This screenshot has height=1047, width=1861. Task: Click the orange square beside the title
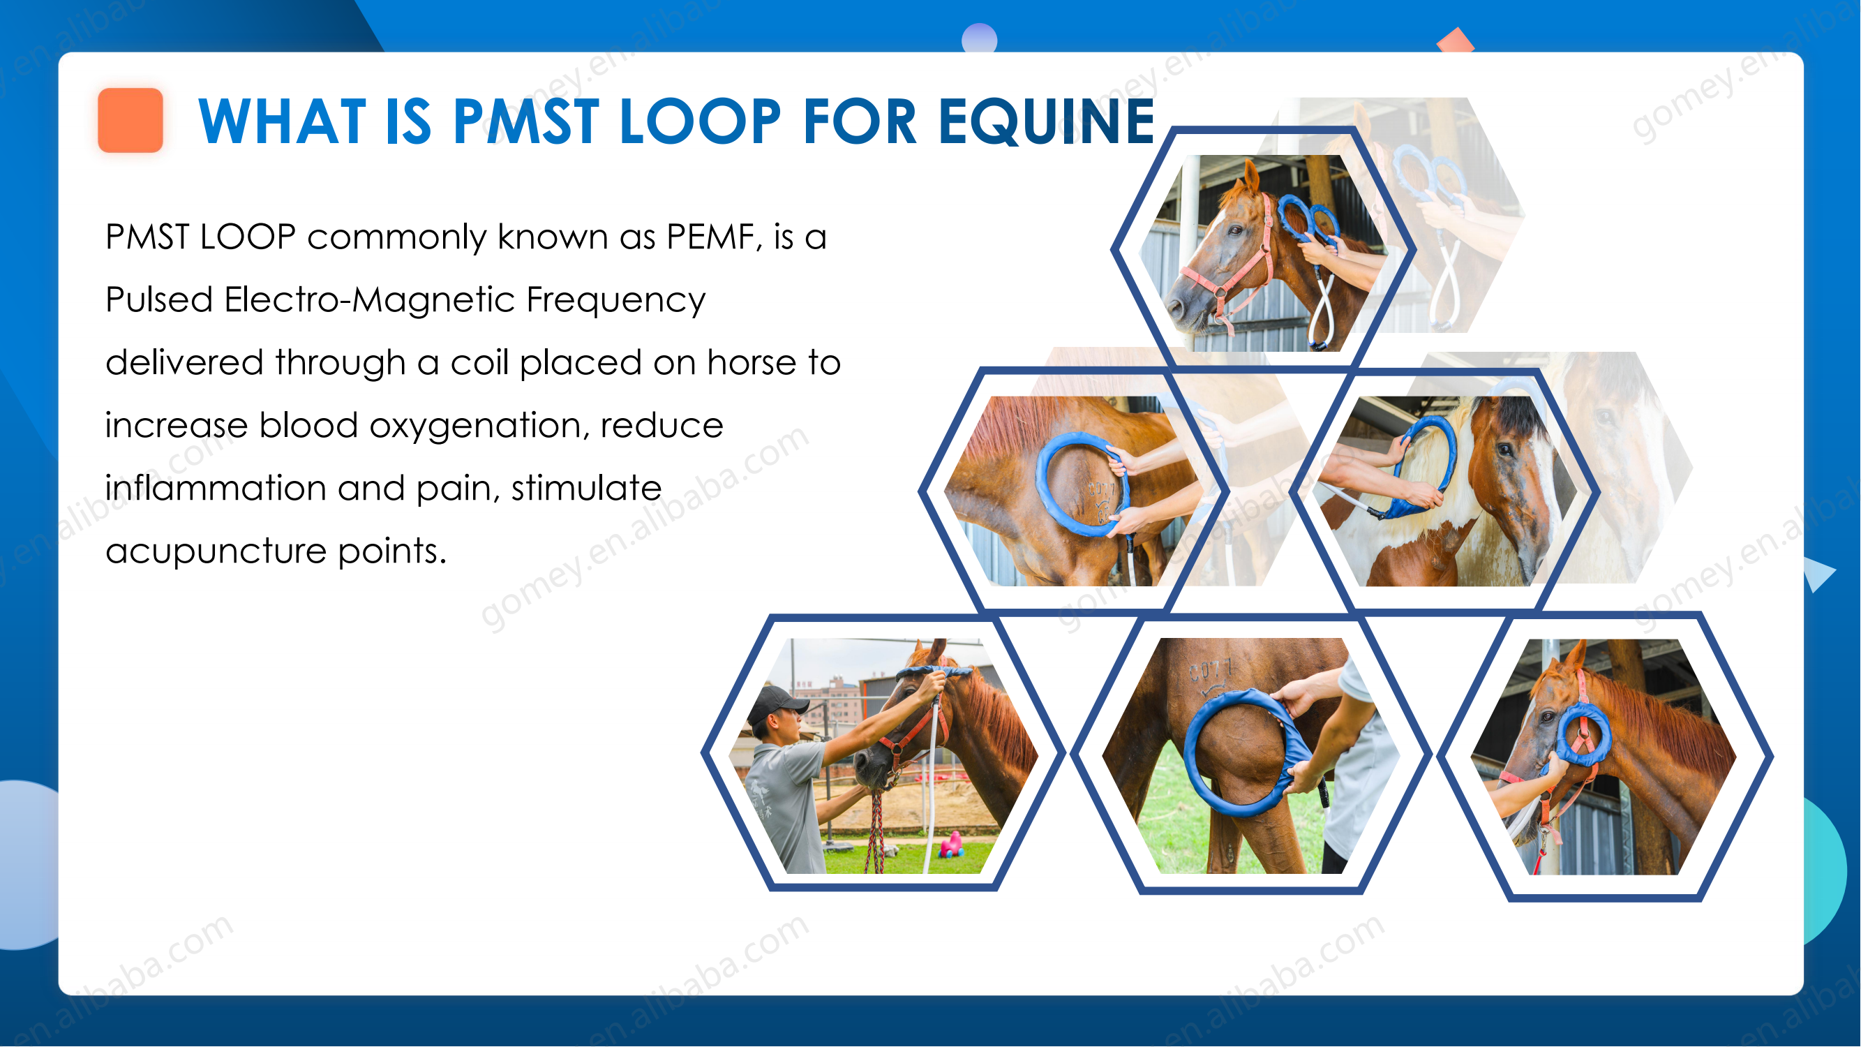pyautogui.click(x=130, y=120)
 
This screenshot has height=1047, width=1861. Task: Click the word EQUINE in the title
pyautogui.click(x=1046, y=121)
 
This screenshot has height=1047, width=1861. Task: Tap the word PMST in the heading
pyautogui.click(x=526, y=121)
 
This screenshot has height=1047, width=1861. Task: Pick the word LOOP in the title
pyautogui.click(x=700, y=121)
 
